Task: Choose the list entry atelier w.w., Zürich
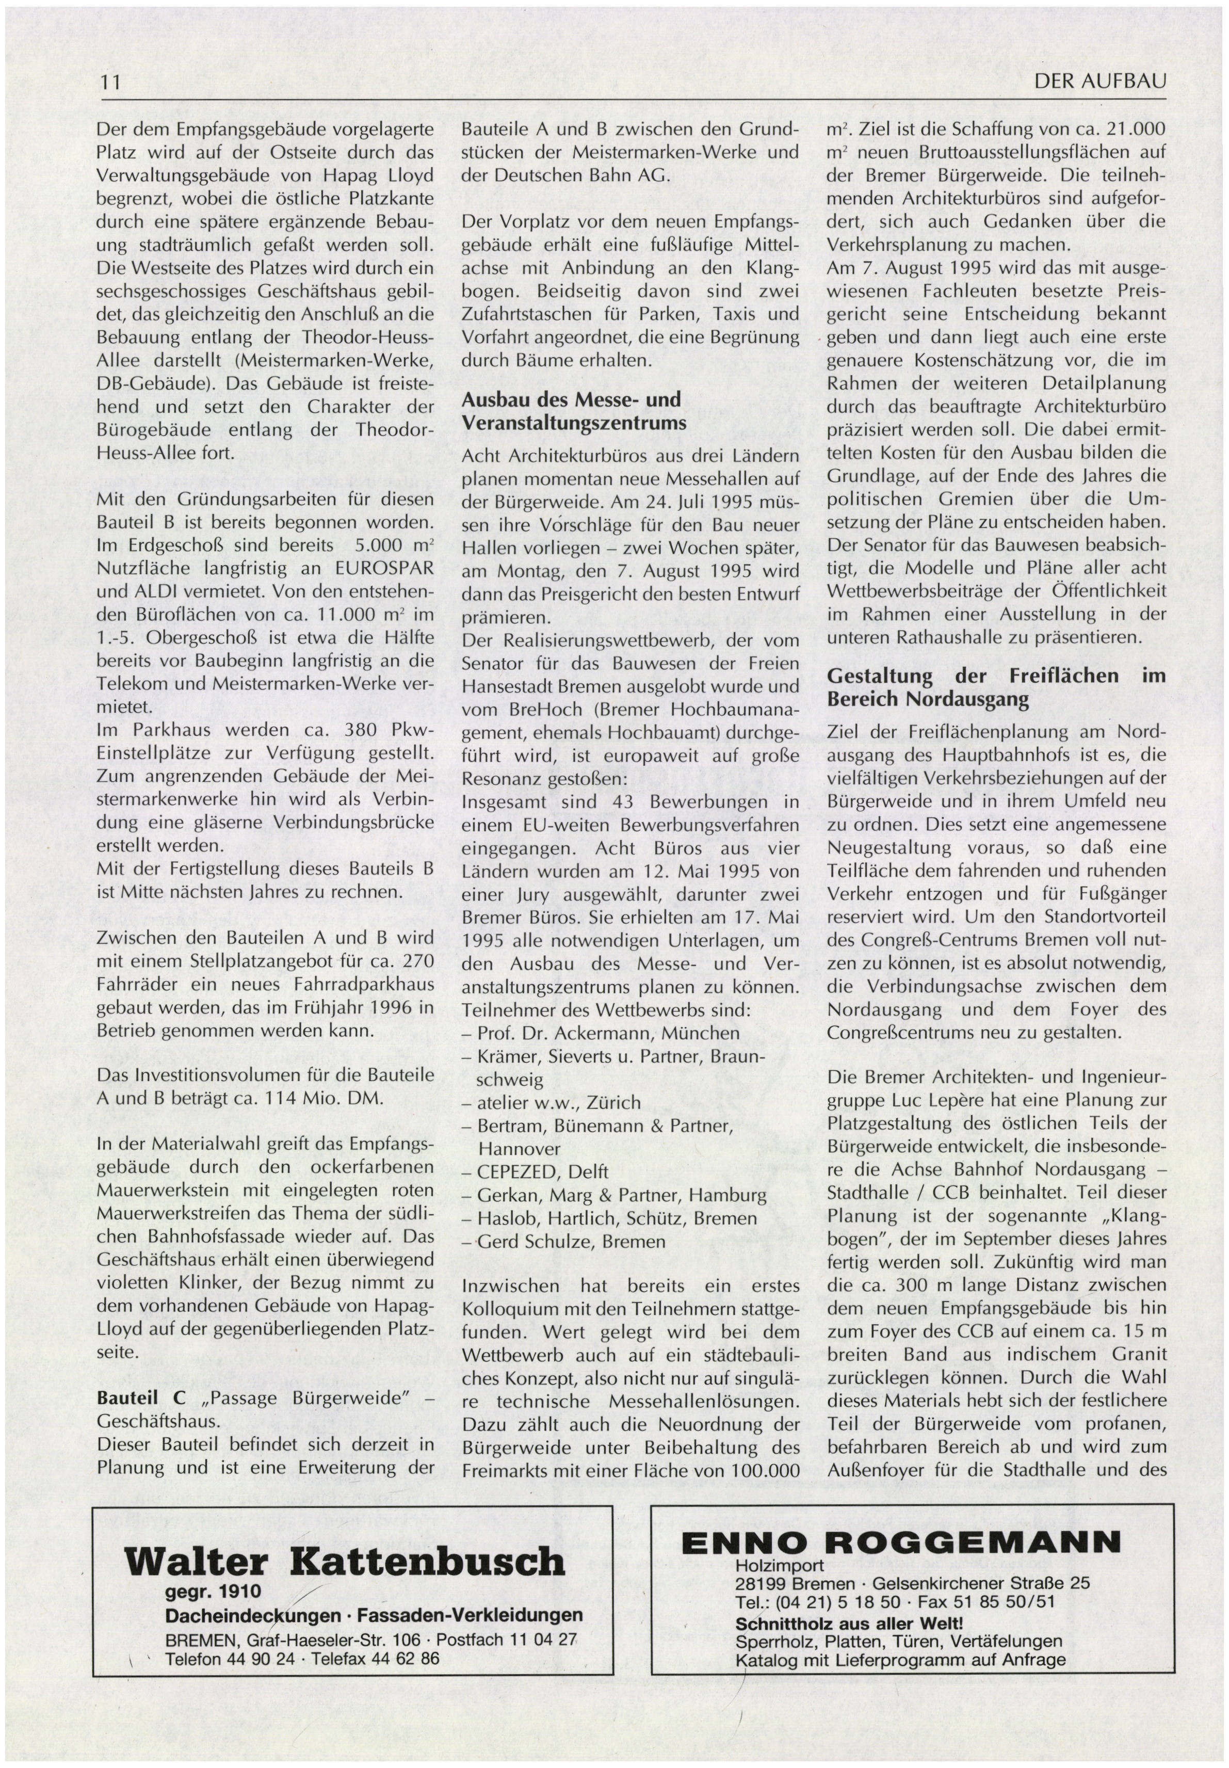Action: point(548,1103)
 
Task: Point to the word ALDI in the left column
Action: point(151,592)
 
